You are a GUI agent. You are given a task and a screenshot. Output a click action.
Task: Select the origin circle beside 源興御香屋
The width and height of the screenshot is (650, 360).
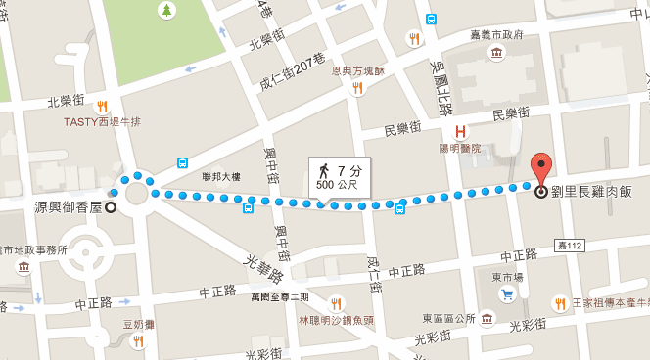(111, 206)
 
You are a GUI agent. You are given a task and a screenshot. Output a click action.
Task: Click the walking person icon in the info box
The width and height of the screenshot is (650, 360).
(323, 171)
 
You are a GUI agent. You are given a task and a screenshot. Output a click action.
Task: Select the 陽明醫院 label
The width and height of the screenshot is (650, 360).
(459, 149)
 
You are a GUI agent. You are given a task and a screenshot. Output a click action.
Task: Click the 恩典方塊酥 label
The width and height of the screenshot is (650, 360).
(358, 70)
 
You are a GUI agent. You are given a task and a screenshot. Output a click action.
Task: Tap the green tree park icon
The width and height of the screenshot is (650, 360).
(167, 11)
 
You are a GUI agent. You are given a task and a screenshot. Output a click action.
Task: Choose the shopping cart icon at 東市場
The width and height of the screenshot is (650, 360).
(507, 294)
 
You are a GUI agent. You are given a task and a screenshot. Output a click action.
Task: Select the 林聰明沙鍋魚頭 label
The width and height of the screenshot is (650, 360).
(337, 319)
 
